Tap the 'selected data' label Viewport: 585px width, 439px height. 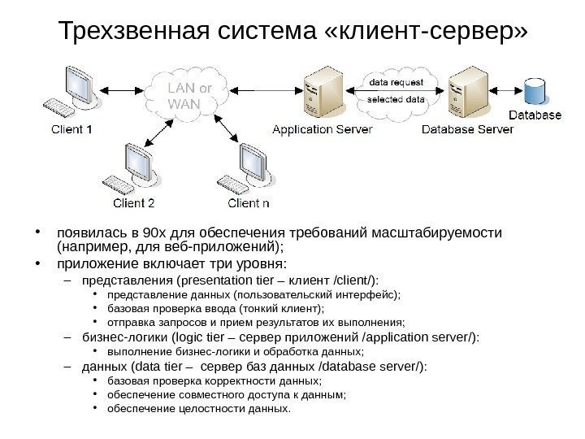click(396, 99)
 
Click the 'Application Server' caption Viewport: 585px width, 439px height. click(322, 129)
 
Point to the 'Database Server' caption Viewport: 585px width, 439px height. click(467, 129)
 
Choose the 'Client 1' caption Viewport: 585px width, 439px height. click(71, 129)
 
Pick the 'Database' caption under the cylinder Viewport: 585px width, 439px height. click(535, 115)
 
